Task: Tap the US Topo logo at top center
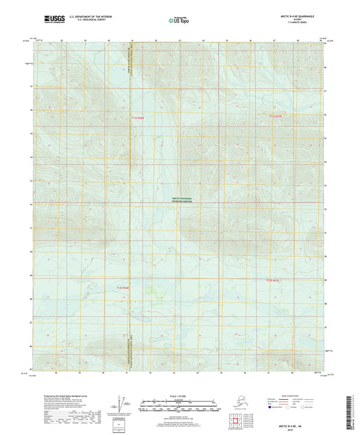(179, 20)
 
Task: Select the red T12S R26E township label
(119, 286)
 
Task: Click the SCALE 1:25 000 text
(180, 398)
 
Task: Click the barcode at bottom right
(355, 409)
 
